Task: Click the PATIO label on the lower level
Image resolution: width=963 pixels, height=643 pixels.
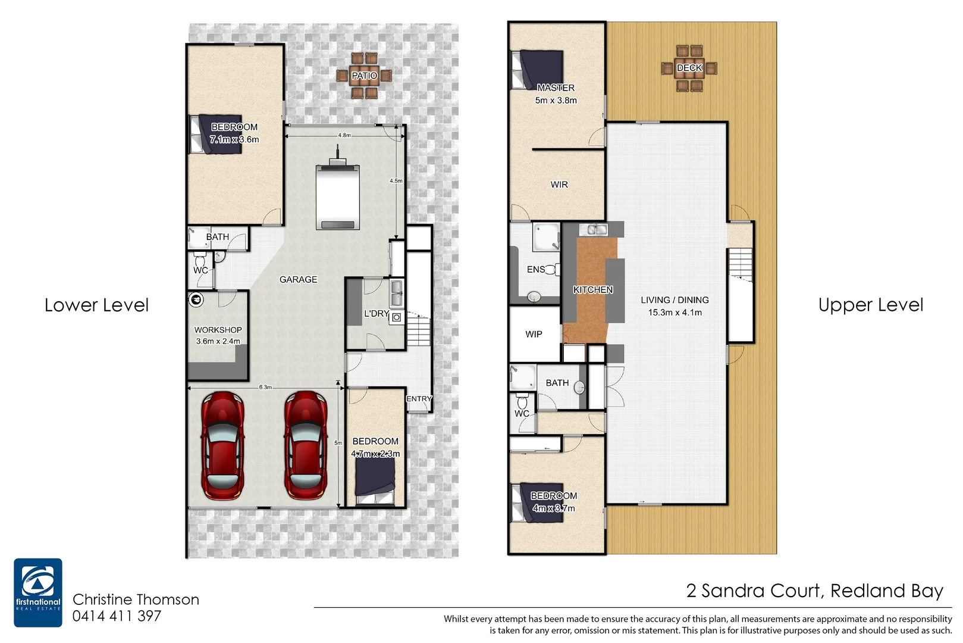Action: [x=364, y=76]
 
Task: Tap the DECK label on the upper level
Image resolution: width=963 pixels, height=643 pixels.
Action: [x=689, y=68]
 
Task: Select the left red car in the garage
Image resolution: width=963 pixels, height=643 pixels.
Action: [x=222, y=445]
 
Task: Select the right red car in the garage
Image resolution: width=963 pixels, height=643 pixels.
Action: [x=306, y=445]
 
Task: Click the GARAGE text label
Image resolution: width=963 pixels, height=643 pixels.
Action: [x=298, y=279]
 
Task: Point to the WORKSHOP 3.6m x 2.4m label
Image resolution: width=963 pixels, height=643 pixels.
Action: [x=218, y=335]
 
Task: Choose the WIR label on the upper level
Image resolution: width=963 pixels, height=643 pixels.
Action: [x=559, y=185]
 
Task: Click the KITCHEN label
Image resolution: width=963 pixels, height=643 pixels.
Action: [x=593, y=290]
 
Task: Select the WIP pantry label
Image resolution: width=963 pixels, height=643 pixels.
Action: [x=534, y=334]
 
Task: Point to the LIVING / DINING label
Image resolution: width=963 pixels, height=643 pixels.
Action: [x=675, y=305]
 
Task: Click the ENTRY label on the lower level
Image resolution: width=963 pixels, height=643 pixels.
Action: [x=419, y=399]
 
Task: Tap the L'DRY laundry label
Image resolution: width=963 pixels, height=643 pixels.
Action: [x=376, y=313]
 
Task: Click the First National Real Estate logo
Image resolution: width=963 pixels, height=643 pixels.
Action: [x=38, y=592]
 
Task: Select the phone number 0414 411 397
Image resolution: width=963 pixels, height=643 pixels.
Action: [x=117, y=616]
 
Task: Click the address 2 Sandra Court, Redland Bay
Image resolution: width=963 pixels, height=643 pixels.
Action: [x=814, y=591]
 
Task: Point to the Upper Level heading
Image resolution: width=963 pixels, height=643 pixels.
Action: [x=870, y=305]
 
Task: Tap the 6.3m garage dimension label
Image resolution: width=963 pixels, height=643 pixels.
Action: [x=265, y=387]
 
